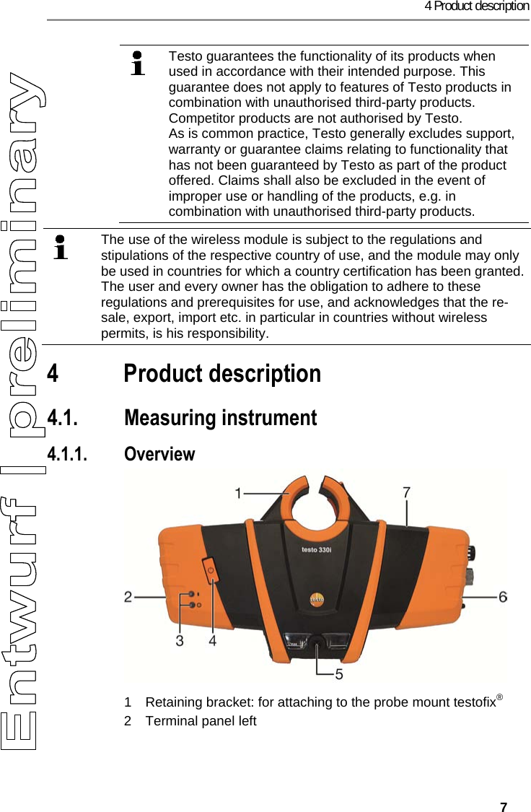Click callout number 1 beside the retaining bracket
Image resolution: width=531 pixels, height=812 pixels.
click(238, 493)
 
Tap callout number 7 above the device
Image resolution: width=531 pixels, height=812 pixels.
click(407, 492)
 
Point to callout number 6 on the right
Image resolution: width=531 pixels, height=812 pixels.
click(502, 597)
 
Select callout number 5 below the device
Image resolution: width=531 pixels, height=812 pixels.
click(338, 674)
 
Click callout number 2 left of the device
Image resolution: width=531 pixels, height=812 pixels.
click(128, 597)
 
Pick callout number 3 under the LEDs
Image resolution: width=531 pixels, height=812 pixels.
click(179, 639)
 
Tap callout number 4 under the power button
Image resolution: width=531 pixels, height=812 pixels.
click(213, 639)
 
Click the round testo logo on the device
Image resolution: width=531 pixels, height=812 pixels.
click(316, 598)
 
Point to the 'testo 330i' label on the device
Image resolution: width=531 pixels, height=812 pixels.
click(316, 549)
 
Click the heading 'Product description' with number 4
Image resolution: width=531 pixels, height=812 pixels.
click(222, 374)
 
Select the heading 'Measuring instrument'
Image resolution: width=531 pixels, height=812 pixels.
click(220, 418)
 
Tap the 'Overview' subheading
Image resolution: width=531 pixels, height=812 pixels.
click(159, 454)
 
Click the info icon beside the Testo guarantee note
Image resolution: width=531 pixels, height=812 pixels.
click(136, 63)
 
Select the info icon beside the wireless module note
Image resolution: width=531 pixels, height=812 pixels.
click(61, 246)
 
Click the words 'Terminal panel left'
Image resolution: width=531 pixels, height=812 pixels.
click(201, 721)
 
